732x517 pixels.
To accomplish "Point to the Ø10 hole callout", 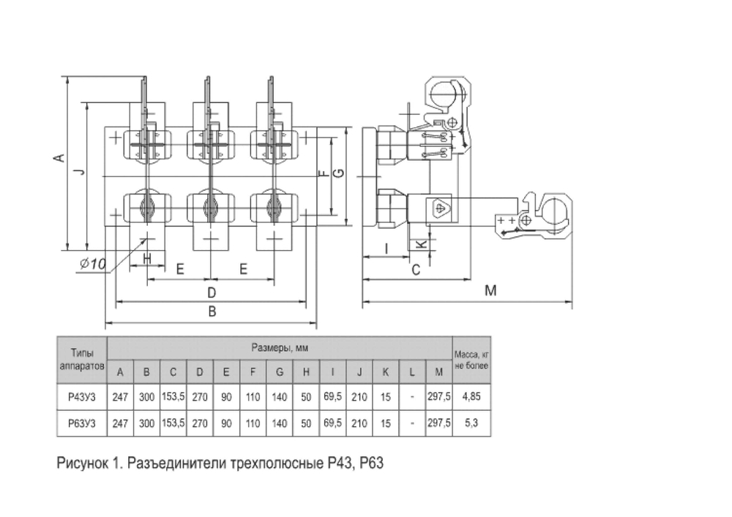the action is (x=93, y=264).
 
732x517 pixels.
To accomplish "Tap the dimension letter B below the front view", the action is (x=212, y=312).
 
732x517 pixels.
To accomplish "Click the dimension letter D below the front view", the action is (x=212, y=293).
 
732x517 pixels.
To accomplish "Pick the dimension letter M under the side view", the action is (x=490, y=290).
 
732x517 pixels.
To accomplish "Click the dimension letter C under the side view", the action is (x=416, y=269).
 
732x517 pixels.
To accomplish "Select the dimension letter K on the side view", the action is (x=421, y=244).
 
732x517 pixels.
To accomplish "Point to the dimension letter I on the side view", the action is (x=386, y=249).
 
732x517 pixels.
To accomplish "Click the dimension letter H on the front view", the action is (x=147, y=259).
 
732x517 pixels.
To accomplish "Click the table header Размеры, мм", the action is (x=280, y=348).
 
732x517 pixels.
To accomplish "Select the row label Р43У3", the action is (x=82, y=397).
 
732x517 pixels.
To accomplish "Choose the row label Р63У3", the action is (x=82, y=423).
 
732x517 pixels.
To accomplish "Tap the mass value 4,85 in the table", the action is (x=471, y=397).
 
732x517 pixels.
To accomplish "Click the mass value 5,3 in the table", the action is (x=471, y=423).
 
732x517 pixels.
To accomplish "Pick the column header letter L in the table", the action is (x=411, y=372).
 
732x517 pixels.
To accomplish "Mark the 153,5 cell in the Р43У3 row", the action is (x=173, y=397).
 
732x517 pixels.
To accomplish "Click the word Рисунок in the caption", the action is (x=82, y=464).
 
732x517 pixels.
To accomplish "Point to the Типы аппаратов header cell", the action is (x=82, y=360).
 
